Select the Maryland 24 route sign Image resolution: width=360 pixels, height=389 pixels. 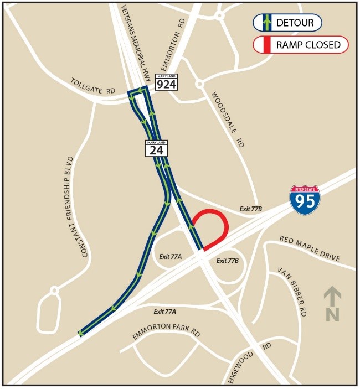[156, 148]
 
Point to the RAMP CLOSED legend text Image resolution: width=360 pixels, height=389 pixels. [308, 45]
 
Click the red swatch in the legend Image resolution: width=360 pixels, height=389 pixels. [266, 45]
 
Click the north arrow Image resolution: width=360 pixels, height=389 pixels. [332, 303]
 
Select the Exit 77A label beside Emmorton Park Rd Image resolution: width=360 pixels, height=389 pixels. [165, 312]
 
